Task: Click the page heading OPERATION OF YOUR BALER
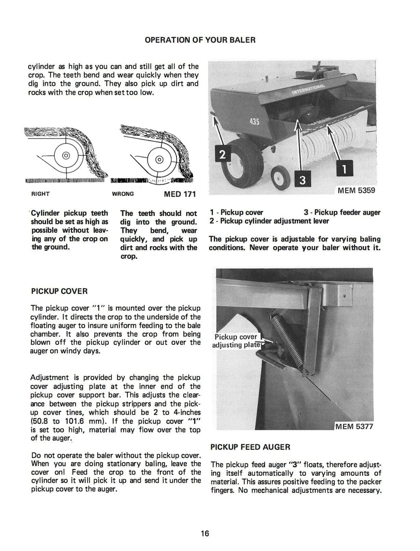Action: tap(200, 40)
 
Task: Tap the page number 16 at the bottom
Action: tap(205, 533)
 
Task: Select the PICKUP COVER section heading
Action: tap(59, 291)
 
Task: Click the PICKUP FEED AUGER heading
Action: tap(250, 447)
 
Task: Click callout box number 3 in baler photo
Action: tap(302, 180)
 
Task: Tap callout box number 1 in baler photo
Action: tap(344, 169)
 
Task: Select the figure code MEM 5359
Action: tap(356, 190)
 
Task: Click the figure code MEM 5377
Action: tap(354, 426)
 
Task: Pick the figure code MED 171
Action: tap(180, 194)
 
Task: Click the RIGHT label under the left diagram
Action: tap(40, 194)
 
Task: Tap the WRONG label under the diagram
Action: tap(122, 194)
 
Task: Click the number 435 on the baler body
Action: tap(254, 122)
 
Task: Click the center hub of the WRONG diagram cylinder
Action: tap(159, 160)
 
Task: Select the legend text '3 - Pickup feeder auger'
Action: tap(342, 212)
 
